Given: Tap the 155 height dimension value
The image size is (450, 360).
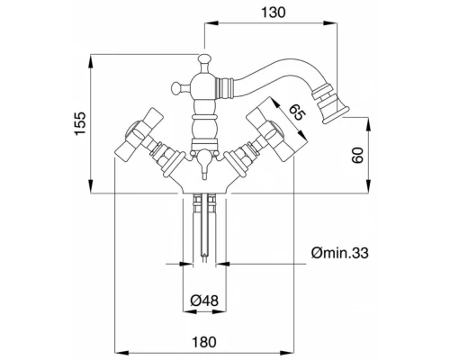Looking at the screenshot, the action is pyautogui.click(x=80, y=123).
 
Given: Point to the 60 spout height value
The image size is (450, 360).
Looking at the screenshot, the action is pyautogui.click(x=357, y=155).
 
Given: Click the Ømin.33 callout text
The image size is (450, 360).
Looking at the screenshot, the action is pyautogui.click(x=339, y=253).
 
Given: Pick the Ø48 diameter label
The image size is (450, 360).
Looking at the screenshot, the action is pyautogui.click(x=204, y=300).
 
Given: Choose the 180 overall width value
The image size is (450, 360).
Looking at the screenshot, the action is pyautogui.click(x=204, y=342).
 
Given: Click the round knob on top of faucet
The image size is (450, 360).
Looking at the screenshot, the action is pyautogui.click(x=204, y=58).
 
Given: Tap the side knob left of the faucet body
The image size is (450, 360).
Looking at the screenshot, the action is pyautogui.click(x=176, y=87).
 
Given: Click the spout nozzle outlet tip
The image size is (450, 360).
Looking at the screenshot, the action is pyautogui.click(x=336, y=115).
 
